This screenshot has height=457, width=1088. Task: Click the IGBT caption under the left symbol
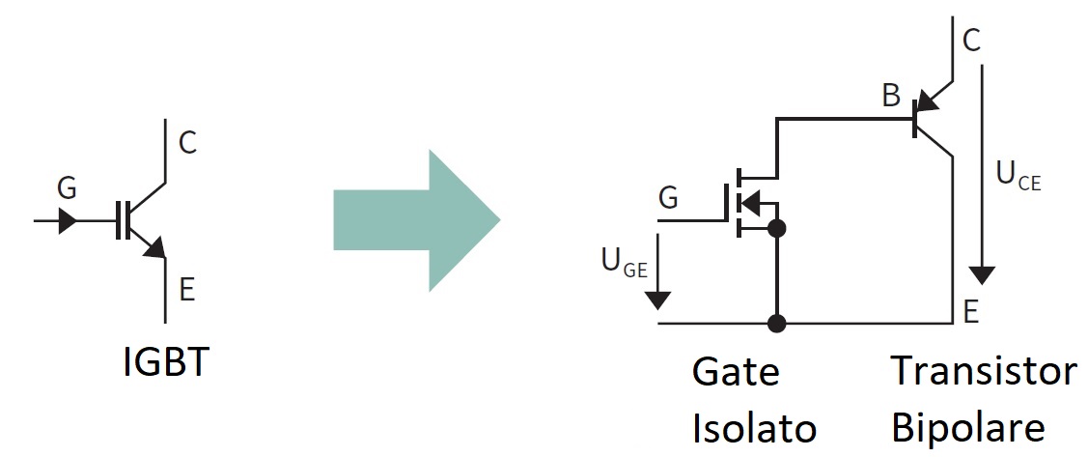[x=165, y=361]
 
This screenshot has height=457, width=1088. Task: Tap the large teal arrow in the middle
[x=416, y=220]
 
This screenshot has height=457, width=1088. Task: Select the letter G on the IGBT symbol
[x=67, y=188]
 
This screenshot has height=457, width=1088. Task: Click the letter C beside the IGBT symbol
[x=188, y=142]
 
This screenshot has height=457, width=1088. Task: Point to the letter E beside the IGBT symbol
[x=186, y=290]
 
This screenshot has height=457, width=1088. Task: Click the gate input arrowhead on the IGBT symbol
[x=68, y=221]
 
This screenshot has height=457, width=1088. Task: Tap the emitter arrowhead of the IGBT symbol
[x=156, y=248]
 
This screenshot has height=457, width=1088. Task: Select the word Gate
[x=736, y=372]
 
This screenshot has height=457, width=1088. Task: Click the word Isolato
[x=754, y=429]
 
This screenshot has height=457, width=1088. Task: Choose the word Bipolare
[x=967, y=429]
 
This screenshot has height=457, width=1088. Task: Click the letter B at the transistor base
[x=891, y=96]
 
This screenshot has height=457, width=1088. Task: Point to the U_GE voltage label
[x=625, y=263]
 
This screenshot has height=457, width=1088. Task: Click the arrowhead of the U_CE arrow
[x=981, y=275]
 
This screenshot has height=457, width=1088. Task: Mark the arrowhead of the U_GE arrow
[x=657, y=300]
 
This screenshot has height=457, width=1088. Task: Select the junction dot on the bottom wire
[x=777, y=323]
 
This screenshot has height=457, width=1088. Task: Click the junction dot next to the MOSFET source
[x=777, y=228]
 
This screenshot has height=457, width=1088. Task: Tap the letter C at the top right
[x=971, y=41]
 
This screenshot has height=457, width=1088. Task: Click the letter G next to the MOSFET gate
[x=667, y=198]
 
